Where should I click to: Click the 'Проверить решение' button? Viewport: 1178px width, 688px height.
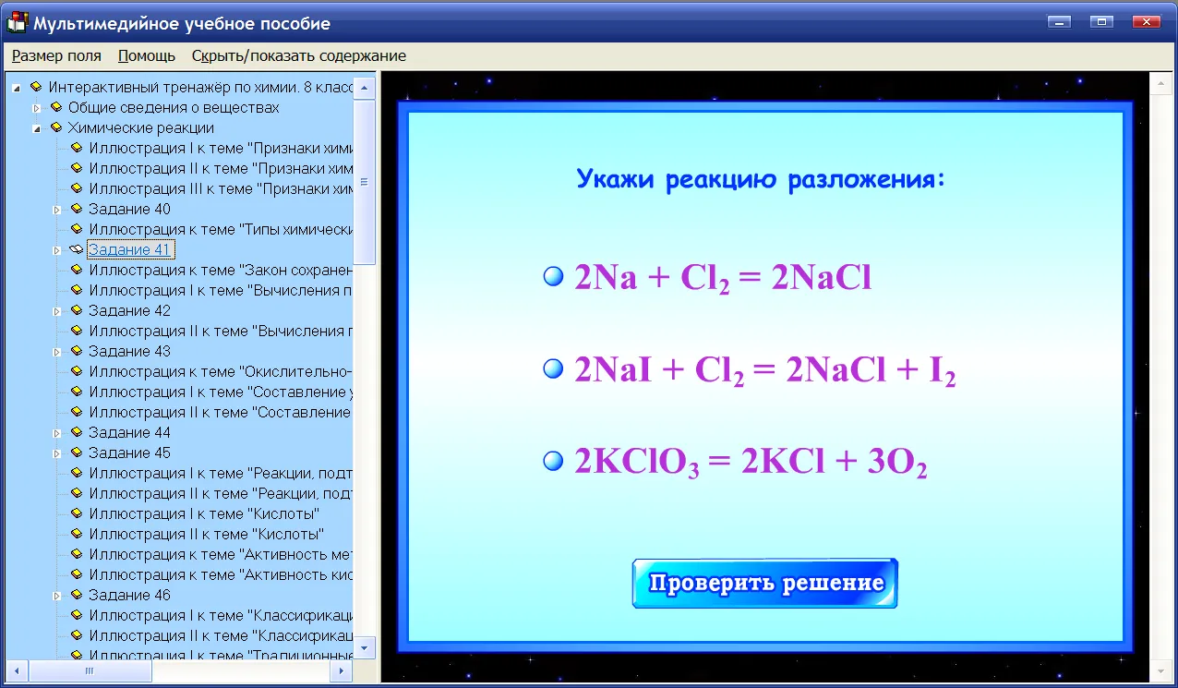(764, 584)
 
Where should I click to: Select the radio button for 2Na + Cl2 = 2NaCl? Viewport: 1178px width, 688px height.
(553, 276)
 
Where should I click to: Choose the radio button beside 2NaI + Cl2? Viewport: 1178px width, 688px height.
(553, 368)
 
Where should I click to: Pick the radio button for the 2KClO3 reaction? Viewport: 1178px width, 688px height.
(553, 461)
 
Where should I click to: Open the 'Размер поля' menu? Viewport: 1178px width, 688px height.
(56, 55)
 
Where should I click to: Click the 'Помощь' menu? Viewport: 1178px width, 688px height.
(146, 55)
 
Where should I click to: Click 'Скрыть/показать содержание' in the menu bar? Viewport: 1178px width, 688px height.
(299, 55)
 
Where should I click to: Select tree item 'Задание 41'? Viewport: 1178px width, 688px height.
(129, 249)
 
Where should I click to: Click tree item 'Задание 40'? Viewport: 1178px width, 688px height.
(129, 209)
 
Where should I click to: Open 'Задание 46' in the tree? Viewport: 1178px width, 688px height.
(129, 595)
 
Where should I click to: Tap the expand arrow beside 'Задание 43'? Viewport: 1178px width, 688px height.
(57, 352)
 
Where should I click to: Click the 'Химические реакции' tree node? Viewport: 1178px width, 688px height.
(141, 127)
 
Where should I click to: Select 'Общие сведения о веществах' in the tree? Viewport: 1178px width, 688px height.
(174, 107)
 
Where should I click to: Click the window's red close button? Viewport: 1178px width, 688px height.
(1147, 22)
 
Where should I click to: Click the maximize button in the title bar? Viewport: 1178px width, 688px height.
(1101, 22)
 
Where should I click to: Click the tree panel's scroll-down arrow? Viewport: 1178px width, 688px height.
(364, 648)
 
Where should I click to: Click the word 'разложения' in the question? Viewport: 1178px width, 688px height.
(866, 180)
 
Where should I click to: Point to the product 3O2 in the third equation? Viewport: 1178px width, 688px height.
(896, 463)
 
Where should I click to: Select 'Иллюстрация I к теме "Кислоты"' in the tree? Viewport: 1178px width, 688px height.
(204, 513)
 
